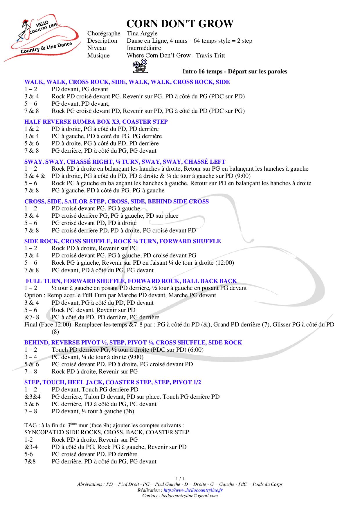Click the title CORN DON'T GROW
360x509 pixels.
(x=180, y=24)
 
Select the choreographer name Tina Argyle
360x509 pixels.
(x=142, y=33)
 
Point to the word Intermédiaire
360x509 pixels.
(x=144, y=48)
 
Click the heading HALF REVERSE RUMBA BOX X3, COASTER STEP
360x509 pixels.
(x=96, y=122)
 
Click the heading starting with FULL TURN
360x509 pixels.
(x=131, y=281)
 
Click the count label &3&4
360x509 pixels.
(x=33, y=397)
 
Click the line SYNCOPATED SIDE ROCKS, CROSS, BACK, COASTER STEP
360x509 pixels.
(x=107, y=432)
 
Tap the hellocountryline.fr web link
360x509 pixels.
(x=193, y=490)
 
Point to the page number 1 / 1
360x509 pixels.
(x=180, y=479)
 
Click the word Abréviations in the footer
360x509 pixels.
(x=90, y=484)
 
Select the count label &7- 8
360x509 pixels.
(x=32, y=317)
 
